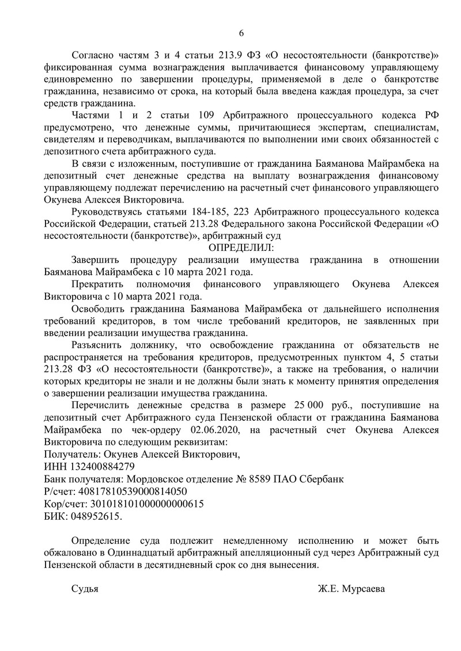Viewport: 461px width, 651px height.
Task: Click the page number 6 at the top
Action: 241,32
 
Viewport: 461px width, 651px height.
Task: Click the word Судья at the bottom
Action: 85,589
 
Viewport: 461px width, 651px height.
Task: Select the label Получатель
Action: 69,454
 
